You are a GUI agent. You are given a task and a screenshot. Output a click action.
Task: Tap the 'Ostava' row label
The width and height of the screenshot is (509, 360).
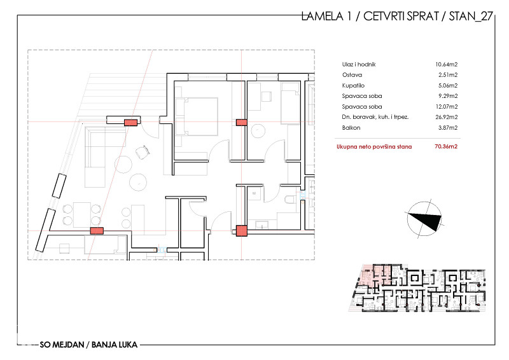351,74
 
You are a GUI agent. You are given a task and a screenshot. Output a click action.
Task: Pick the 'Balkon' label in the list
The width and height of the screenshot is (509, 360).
350,128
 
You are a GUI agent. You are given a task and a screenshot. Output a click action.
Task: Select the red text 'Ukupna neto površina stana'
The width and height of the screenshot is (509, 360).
374,146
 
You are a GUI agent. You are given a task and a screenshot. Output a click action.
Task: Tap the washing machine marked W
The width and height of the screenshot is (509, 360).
253,192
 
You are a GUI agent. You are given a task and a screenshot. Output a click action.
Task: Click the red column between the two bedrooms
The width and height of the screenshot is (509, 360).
241,121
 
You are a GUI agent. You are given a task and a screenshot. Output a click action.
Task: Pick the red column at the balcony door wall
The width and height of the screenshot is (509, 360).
130,122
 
